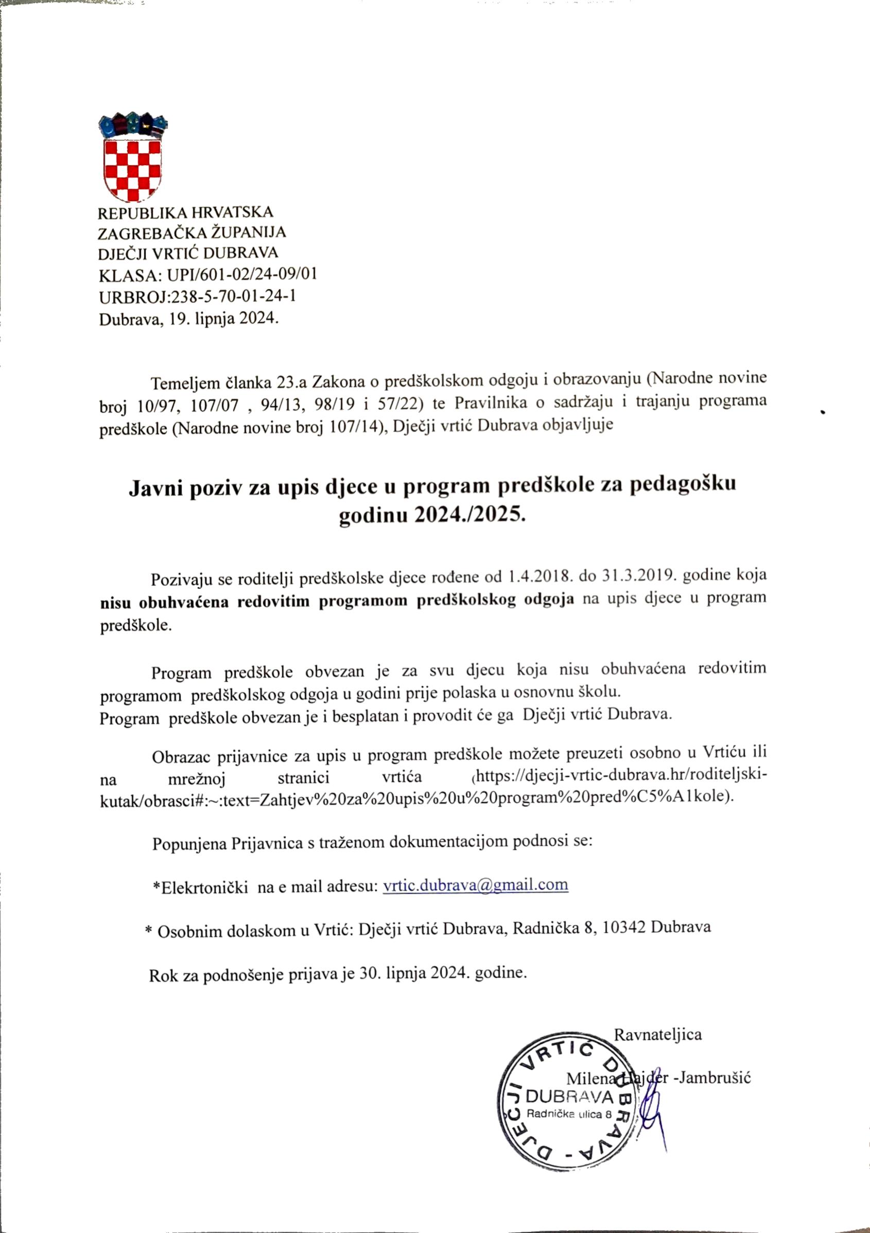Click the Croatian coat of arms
click(132, 156)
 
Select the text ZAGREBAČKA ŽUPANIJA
click(192, 233)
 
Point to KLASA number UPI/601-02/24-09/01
click(242, 274)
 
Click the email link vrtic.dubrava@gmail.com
click(475, 885)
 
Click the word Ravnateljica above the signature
click(658, 1034)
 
